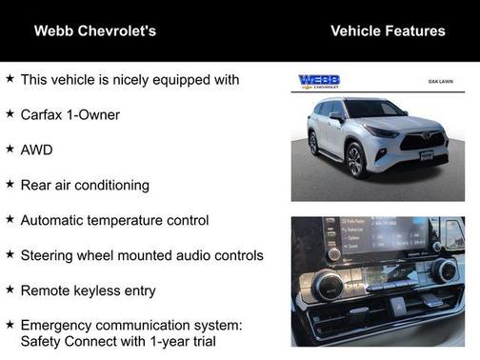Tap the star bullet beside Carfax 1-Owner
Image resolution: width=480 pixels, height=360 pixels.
[x=10, y=114]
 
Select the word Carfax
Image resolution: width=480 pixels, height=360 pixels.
[x=43, y=114]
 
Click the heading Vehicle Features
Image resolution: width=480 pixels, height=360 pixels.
[x=388, y=30]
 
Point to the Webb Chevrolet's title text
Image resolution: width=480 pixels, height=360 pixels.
[x=95, y=30]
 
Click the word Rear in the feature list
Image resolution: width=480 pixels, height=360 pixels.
[x=36, y=185]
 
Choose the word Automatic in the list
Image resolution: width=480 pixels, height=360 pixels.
[x=56, y=220]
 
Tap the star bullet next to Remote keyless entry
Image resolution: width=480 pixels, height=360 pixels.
[x=10, y=290]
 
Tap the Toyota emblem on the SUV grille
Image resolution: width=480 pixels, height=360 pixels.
[x=428, y=138]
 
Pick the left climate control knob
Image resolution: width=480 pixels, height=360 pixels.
[x=328, y=287]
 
